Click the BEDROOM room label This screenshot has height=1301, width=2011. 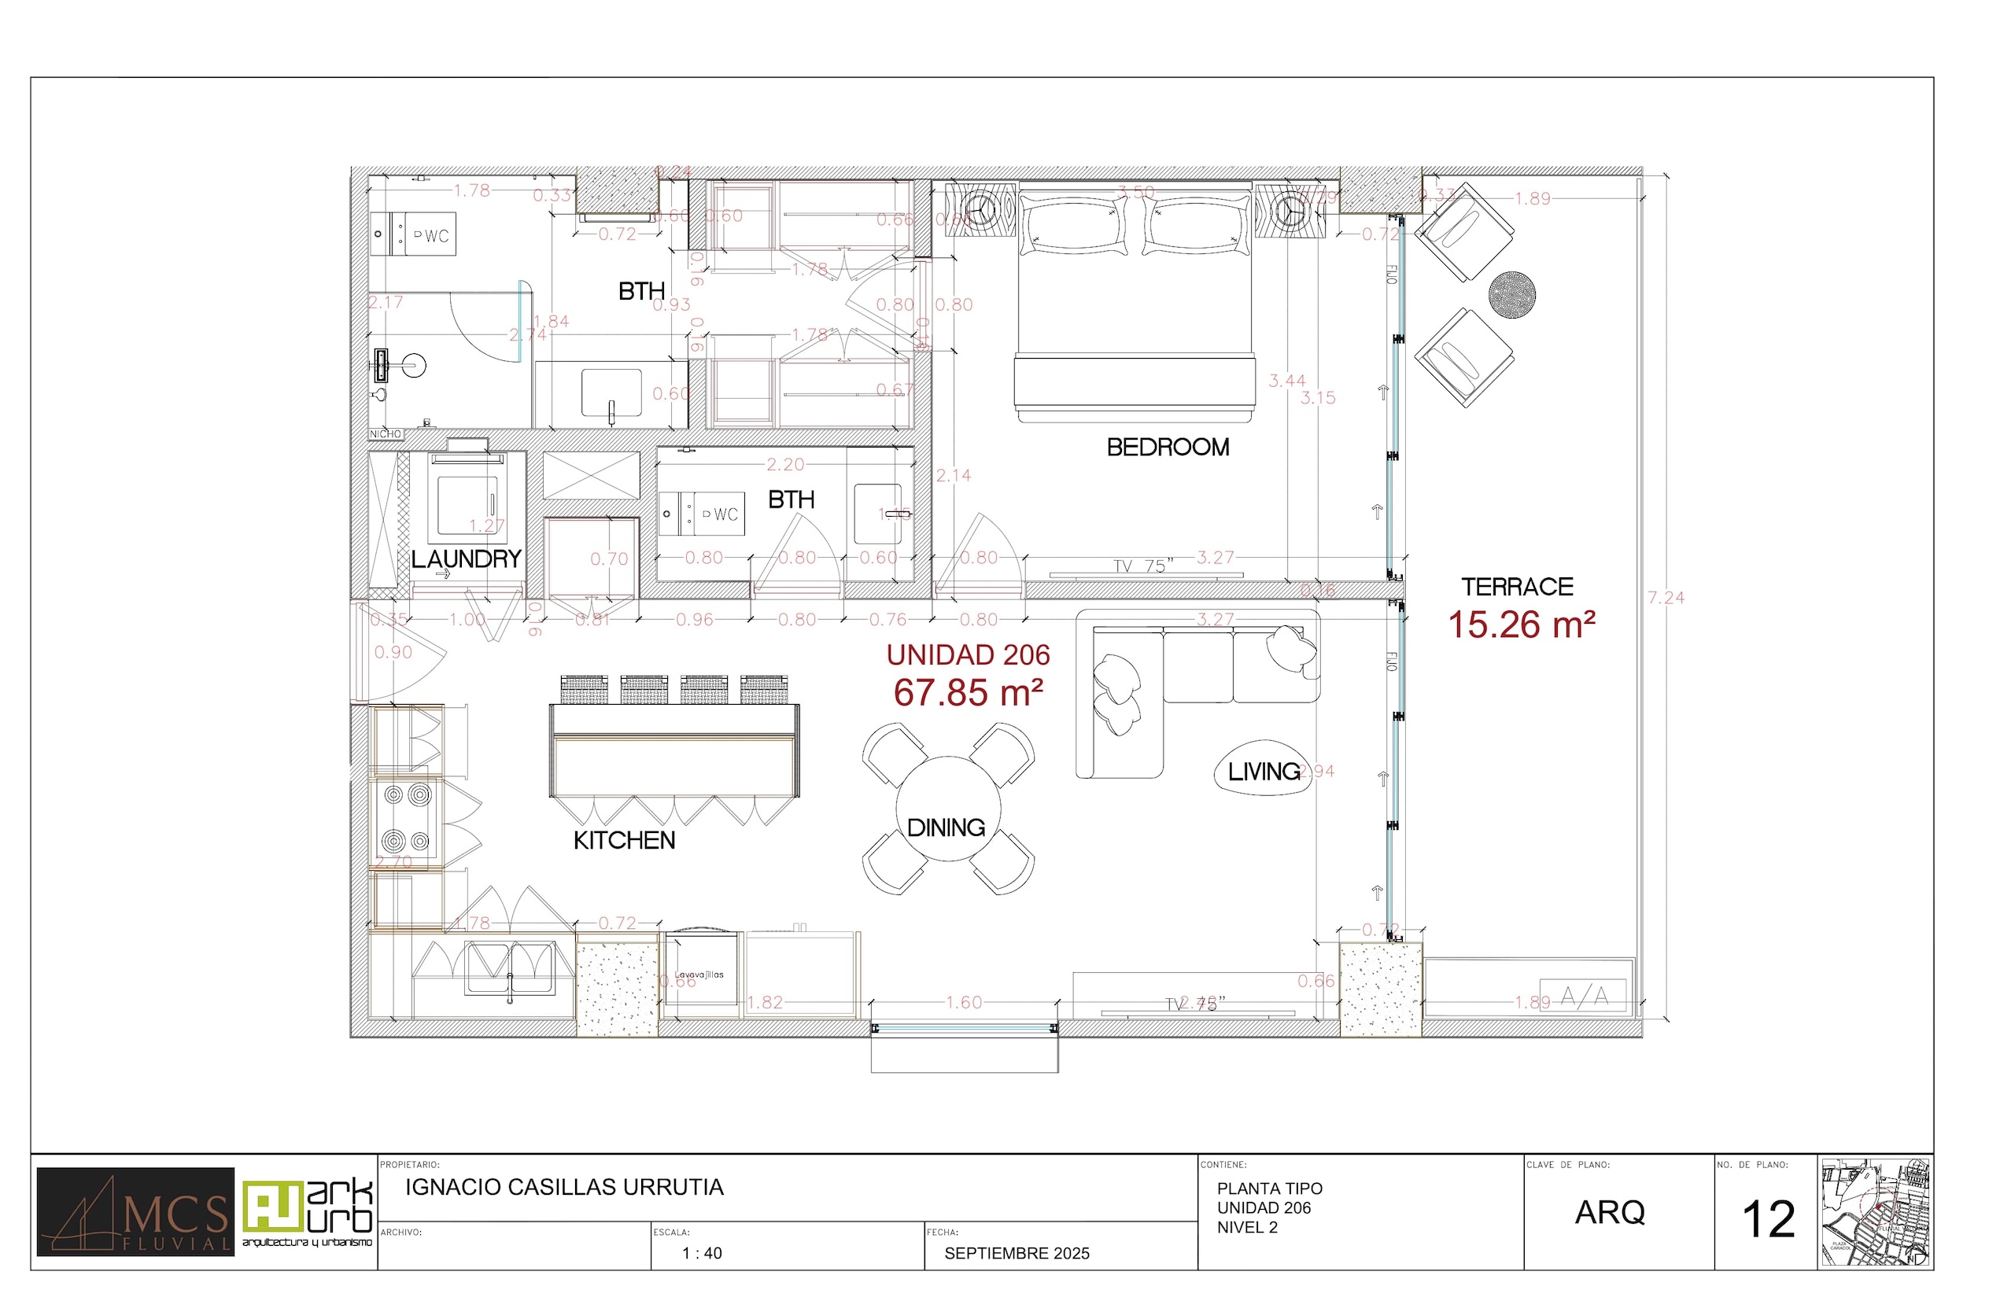[x=1168, y=447]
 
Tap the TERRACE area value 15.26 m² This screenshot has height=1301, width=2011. [x=1521, y=625]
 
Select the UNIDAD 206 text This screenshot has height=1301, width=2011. [x=969, y=654]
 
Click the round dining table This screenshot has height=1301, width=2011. [x=947, y=809]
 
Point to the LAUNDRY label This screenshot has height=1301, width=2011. [x=466, y=558]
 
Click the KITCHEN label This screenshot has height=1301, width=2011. [x=624, y=840]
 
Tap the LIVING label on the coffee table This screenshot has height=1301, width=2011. [x=1264, y=771]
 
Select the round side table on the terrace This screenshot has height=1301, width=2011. [x=1511, y=295]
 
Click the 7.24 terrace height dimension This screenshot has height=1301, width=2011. [x=1666, y=597]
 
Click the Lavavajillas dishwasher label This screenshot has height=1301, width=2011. [x=699, y=974]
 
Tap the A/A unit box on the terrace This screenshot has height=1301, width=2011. [x=1584, y=997]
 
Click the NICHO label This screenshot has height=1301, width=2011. [x=386, y=434]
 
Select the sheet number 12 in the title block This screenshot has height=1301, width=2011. [x=1768, y=1220]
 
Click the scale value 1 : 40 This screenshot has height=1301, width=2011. [x=701, y=1254]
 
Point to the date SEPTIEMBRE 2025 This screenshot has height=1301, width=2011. [x=1017, y=1254]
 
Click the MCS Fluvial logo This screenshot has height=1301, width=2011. [x=135, y=1211]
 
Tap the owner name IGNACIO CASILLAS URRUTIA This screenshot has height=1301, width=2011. [x=563, y=1187]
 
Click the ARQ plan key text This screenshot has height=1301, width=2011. [x=1610, y=1212]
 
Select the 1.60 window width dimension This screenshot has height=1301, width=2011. [x=963, y=1002]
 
